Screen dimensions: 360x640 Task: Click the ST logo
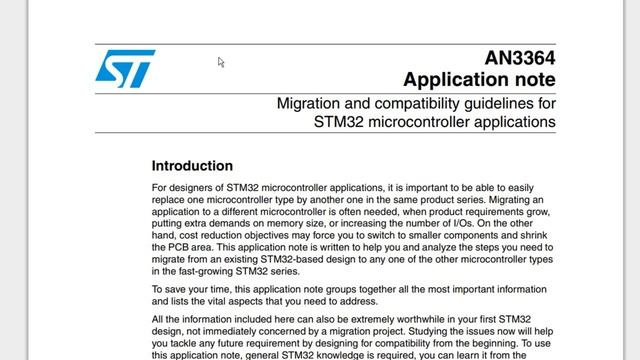[x=124, y=70]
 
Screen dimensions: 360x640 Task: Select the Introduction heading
[x=192, y=166]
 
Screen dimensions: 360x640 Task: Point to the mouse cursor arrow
[x=220, y=62]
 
